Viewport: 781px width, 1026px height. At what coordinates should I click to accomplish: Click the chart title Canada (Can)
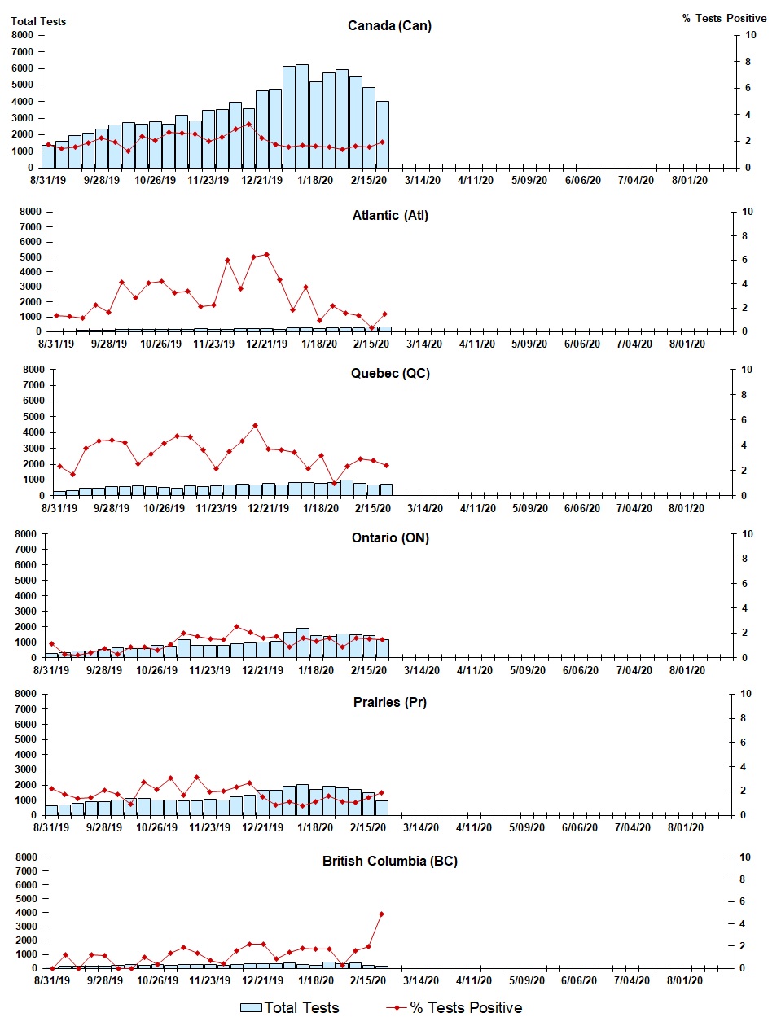click(x=389, y=26)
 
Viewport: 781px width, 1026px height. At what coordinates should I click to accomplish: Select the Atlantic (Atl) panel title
click(x=390, y=216)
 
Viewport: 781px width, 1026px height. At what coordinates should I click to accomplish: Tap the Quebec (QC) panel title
click(x=390, y=374)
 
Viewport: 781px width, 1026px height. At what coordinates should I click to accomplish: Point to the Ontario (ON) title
click(x=390, y=538)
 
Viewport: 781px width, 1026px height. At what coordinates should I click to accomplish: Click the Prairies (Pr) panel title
click(x=389, y=703)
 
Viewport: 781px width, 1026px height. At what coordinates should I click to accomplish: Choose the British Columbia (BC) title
click(x=389, y=862)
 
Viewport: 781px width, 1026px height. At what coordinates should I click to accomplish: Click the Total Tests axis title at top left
click(x=38, y=21)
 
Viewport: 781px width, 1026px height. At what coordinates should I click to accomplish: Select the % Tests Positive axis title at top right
click(x=724, y=18)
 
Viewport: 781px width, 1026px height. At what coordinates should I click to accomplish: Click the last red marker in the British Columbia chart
click(x=381, y=914)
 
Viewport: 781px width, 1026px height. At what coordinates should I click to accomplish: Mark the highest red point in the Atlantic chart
click(x=266, y=255)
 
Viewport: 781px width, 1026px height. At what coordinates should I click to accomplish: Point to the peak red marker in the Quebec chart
click(x=255, y=425)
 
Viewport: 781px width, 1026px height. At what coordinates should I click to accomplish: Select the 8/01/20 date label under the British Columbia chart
click(x=685, y=981)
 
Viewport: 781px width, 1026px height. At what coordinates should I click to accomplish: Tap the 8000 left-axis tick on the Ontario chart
click(x=26, y=534)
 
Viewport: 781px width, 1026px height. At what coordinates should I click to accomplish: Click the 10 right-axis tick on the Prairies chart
click(x=746, y=694)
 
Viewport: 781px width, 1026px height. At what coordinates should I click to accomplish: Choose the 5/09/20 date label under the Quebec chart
click(x=529, y=509)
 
